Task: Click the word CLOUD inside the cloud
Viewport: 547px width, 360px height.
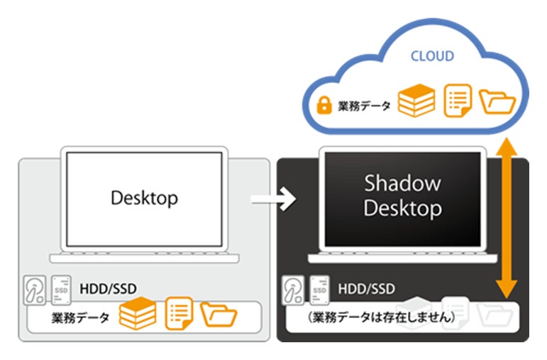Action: pyautogui.click(x=432, y=56)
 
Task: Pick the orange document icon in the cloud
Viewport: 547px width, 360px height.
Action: pyautogui.click(x=456, y=102)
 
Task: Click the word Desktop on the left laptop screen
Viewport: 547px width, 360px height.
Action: pyautogui.click(x=144, y=197)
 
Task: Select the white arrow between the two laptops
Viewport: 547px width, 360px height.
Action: pyautogui.click(x=274, y=201)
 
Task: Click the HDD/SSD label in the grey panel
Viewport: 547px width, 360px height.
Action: pyautogui.click(x=109, y=288)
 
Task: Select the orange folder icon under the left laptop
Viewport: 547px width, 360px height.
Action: pyautogui.click(x=219, y=315)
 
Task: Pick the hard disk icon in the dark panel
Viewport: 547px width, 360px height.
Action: pyautogui.click(x=293, y=290)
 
